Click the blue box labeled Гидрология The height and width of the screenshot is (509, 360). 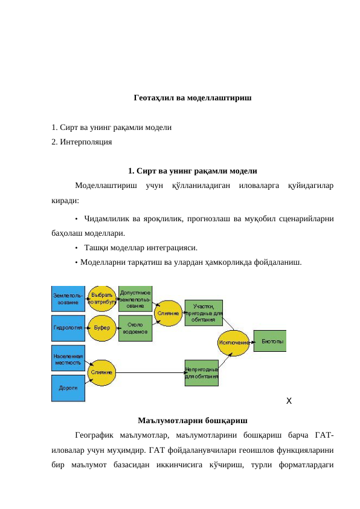(x=68, y=327)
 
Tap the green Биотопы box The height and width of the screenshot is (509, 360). (x=269, y=341)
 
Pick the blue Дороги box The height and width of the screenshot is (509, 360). (x=68, y=388)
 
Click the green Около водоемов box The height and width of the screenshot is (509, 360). (x=135, y=328)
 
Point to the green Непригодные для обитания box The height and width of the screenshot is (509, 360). (x=201, y=372)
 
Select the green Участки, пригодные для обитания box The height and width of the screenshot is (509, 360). (x=204, y=313)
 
